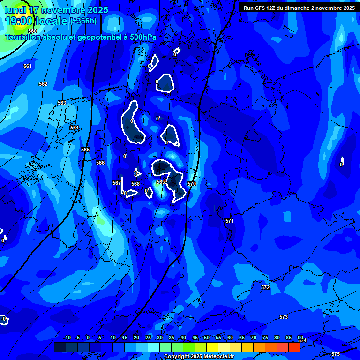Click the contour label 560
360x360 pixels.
click(32, 44)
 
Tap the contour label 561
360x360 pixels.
click(28, 66)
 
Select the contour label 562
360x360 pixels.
click(43, 84)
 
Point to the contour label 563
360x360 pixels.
click(62, 103)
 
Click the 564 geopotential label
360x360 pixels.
click(75, 127)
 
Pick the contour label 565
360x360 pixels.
click(85, 150)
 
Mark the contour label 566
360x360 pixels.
click(100, 163)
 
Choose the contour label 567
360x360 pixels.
click(117, 183)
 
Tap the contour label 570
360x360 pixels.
click(192, 184)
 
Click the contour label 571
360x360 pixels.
click(229, 221)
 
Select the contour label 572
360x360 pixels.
click(265, 287)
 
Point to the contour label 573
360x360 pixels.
click(284, 317)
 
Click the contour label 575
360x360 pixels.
click(335, 354)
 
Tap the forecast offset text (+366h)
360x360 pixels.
click(83, 21)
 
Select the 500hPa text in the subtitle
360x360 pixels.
click(143, 37)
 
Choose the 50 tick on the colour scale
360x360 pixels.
click(207, 337)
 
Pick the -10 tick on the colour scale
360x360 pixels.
click(67, 337)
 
